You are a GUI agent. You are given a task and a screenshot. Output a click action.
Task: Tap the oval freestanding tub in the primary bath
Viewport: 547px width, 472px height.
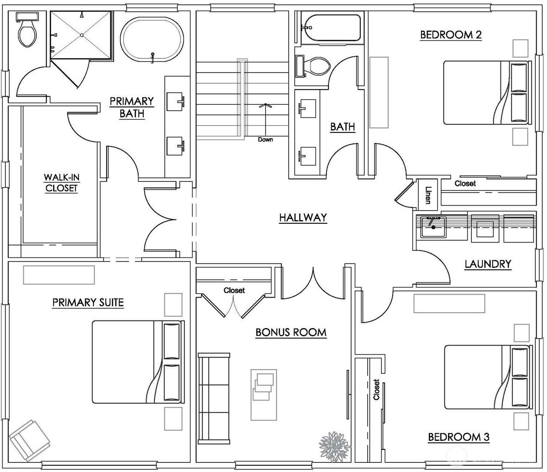click(152, 39)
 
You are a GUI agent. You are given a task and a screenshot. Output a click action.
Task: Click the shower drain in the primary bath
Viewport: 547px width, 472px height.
click(82, 35)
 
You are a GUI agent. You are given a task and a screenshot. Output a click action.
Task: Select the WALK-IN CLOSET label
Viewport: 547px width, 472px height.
click(62, 183)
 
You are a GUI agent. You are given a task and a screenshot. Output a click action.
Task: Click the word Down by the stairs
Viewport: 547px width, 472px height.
click(265, 139)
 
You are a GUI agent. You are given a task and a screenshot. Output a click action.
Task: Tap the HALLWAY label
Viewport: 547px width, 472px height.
click(303, 218)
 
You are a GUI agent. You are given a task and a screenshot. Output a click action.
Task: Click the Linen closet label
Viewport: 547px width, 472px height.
click(427, 195)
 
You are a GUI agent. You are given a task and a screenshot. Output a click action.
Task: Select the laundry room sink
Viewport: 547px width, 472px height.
click(433, 227)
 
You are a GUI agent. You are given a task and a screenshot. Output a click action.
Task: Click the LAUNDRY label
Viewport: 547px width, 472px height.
click(488, 264)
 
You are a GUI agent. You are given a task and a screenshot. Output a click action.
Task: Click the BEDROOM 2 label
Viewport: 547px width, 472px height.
click(451, 35)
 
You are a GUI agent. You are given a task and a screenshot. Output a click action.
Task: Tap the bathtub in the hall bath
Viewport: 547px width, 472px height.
click(331, 28)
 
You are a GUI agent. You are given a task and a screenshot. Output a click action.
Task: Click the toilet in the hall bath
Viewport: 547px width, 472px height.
click(313, 66)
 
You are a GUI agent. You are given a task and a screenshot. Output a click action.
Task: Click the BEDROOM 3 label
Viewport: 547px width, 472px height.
click(459, 437)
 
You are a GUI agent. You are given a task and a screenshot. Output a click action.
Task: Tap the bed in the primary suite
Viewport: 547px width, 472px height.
click(138, 362)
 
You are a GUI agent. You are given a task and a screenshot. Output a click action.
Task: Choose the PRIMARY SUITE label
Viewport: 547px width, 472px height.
click(88, 302)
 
